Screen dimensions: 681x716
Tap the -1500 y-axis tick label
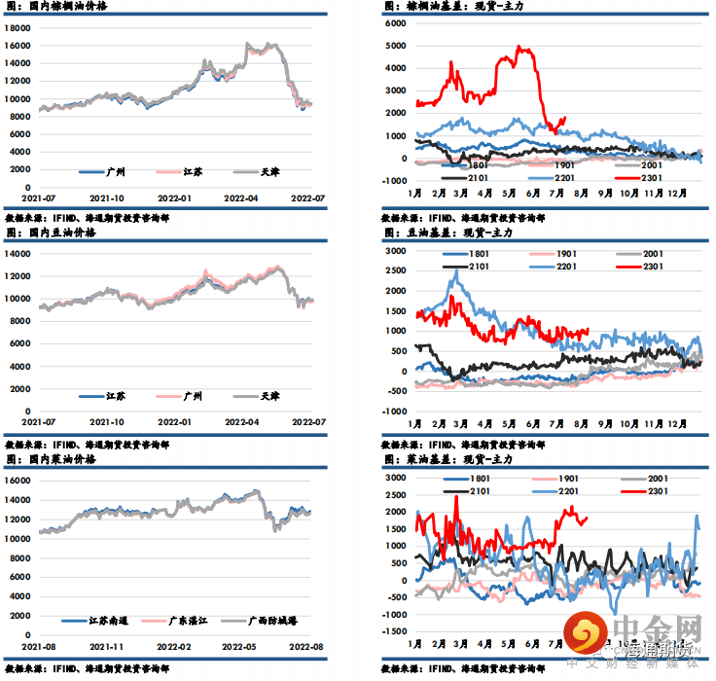pyautogui.click(x=391, y=631)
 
